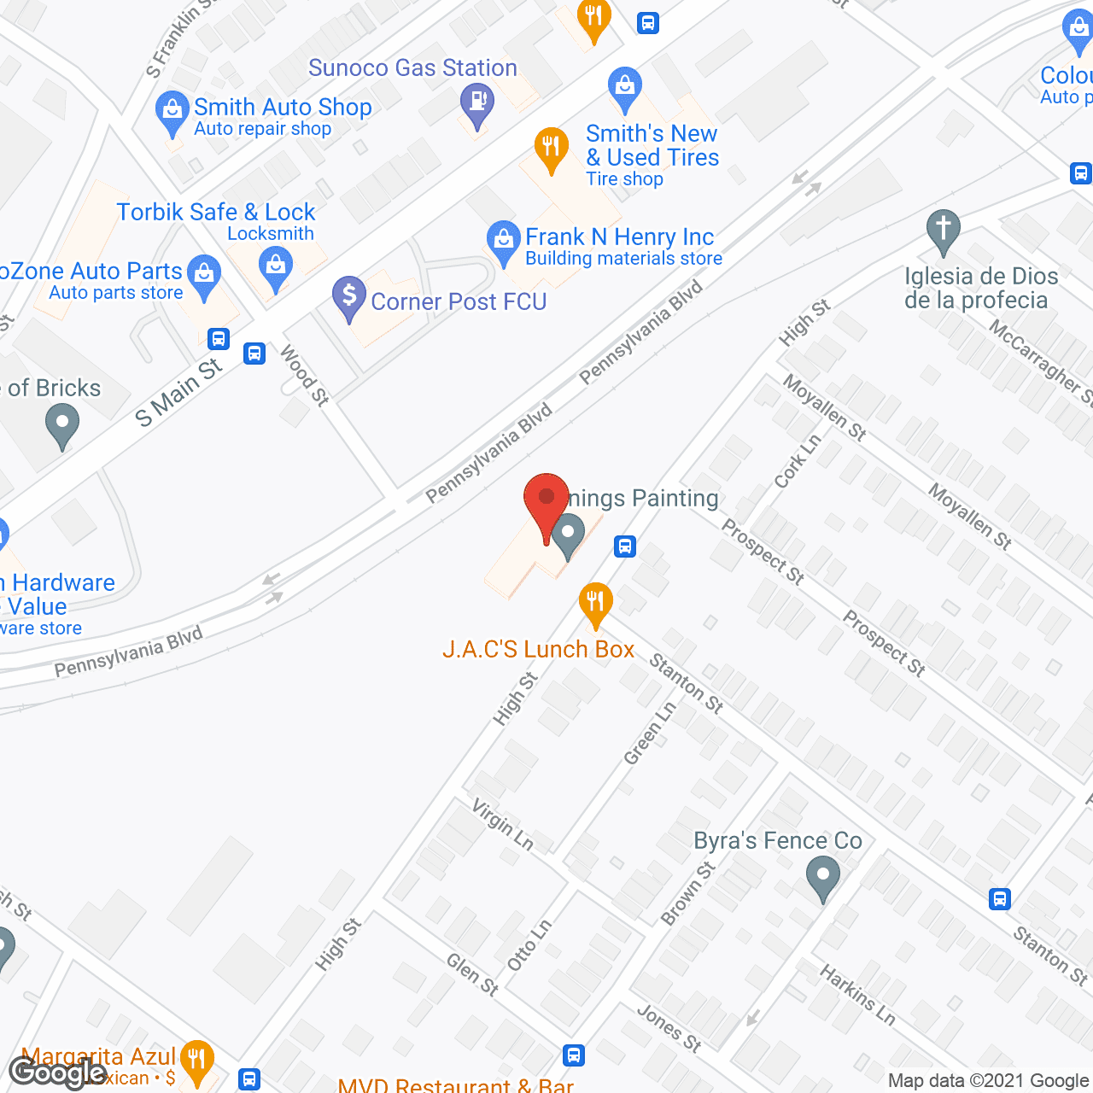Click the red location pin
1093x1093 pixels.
pyautogui.click(x=546, y=500)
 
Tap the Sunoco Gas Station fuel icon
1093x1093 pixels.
pyautogui.click(x=476, y=102)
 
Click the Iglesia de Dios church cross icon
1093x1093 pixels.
pyautogui.click(x=943, y=229)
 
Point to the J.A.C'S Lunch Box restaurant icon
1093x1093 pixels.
pyautogui.click(x=595, y=601)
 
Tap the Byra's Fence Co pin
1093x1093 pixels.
pyautogui.click(x=822, y=877)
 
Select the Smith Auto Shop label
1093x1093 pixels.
pyautogui.click(x=283, y=108)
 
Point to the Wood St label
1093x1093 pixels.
pyautogui.click(x=303, y=375)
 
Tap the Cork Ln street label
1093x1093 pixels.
pyautogui.click(x=797, y=462)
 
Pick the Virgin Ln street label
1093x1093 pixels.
pyautogui.click(x=503, y=826)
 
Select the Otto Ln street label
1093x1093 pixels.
pyautogui.click(x=529, y=944)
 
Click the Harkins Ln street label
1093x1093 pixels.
pyautogui.click(x=857, y=995)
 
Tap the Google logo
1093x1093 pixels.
pyautogui.click(x=57, y=1073)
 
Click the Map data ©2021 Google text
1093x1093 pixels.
pyautogui.click(x=988, y=1080)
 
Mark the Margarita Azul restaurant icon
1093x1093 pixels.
pyautogui.click(x=197, y=1061)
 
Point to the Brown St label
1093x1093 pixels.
pyautogui.click(x=687, y=894)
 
